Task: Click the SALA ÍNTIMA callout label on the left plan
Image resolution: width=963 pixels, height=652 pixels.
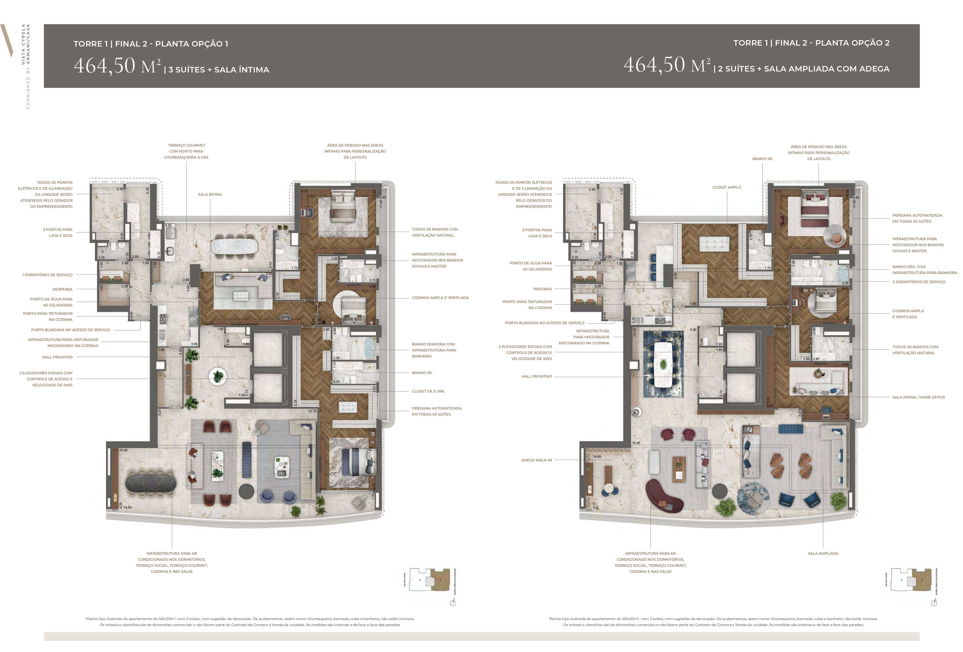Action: click(x=210, y=195)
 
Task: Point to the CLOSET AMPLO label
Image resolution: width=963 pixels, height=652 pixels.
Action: click(x=727, y=187)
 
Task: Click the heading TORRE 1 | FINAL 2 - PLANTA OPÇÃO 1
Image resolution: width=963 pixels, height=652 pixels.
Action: click(x=151, y=43)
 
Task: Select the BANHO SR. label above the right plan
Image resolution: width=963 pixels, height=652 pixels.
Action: click(x=763, y=159)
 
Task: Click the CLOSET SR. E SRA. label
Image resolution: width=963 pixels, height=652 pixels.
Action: click(x=429, y=391)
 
